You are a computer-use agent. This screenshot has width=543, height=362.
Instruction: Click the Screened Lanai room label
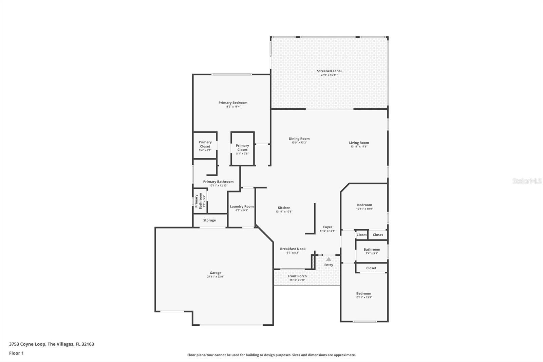tap(329, 71)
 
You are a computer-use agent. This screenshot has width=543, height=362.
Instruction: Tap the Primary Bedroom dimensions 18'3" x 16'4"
tap(233, 107)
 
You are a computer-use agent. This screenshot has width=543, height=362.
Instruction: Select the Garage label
tap(216, 273)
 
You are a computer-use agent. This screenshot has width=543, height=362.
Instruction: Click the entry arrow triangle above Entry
tap(329, 259)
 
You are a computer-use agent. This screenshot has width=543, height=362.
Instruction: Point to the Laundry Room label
tap(242, 206)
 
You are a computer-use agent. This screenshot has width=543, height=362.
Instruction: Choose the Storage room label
tap(209, 220)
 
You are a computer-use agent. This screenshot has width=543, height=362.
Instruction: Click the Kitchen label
tap(284, 207)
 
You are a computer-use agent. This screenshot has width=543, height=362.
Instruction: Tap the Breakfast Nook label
tap(293, 249)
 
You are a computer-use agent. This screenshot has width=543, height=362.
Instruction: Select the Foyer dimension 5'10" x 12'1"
tap(327, 231)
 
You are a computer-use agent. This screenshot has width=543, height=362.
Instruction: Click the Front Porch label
tap(297, 276)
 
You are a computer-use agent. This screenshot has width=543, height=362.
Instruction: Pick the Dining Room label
tap(299, 139)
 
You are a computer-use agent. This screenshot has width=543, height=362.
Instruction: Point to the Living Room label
tap(359, 143)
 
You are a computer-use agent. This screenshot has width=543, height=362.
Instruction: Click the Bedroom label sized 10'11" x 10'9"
tap(364, 205)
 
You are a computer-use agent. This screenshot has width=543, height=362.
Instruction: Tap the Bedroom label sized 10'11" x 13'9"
tap(363, 293)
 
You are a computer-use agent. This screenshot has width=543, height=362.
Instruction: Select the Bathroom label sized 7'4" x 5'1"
tap(372, 249)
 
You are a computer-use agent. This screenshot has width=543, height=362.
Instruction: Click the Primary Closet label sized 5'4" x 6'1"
tap(205, 144)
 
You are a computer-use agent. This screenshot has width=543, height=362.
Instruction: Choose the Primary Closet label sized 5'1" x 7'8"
tap(242, 147)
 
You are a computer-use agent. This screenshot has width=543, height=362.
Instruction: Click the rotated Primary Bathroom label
tap(199, 201)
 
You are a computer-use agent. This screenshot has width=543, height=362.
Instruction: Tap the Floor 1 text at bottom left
tap(16, 353)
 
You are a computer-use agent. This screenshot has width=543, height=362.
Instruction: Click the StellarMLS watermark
tap(527, 181)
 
